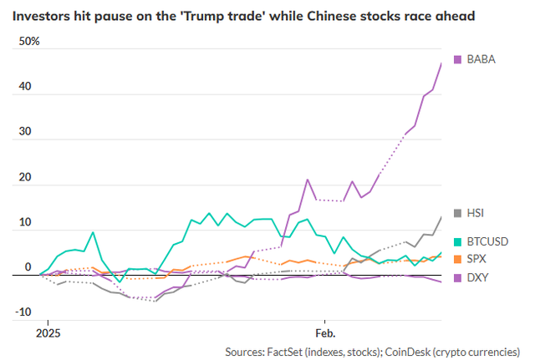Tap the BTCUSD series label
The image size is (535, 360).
click(486, 241)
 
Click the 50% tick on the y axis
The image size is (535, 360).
click(29, 41)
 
